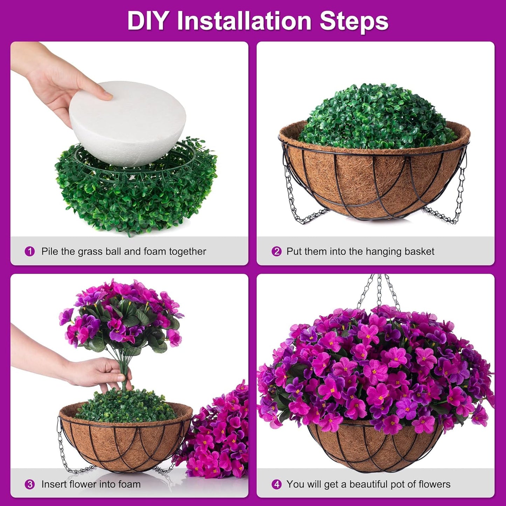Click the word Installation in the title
pyautogui.click(x=244, y=21)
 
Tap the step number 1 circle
pyautogui.click(x=30, y=251)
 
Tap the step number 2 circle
pyautogui.click(x=276, y=251)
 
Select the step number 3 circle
pyautogui.click(x=30, y=484)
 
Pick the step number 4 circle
pyautogui.click(x=276, y=484)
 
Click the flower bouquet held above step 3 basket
pyautogui.click(x=121, y=315)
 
